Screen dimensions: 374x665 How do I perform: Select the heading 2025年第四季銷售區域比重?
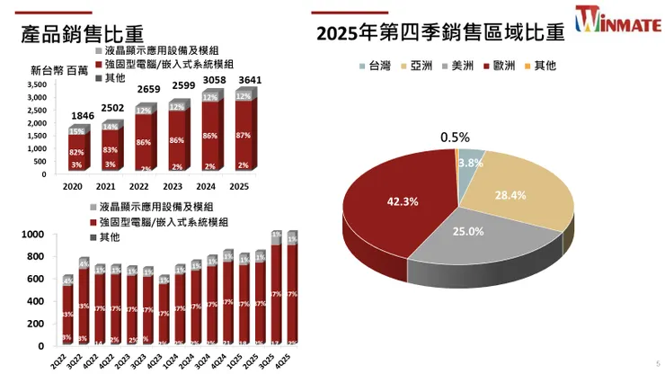click(x=440, y=33)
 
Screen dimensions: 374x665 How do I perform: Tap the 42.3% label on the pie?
click(x=403, y=201)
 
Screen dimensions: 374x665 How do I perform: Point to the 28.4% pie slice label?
click(x=510, y=195)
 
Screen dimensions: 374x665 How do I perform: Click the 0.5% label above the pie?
click(x=456, y=138)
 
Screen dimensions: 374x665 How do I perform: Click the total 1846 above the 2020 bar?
click(x=83, y=117)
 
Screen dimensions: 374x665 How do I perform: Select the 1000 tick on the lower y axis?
click(x=32, y=236)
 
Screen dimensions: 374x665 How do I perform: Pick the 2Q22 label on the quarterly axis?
click(x=66, y=357)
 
